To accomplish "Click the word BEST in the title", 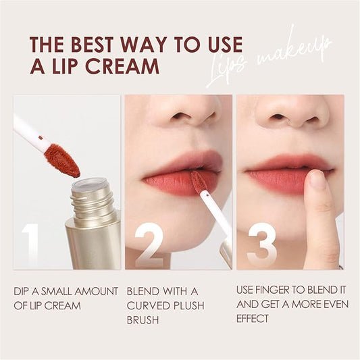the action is point(92,44).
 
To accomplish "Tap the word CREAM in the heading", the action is point(122,66).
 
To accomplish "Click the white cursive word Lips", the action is point(226,69).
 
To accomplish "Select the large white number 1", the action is point(30,244).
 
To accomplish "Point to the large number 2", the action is point(149,245).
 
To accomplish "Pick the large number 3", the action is point(262,245).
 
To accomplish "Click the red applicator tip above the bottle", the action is point(62,160).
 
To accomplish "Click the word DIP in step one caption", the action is point(22,291).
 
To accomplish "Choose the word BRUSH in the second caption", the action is point(143,320).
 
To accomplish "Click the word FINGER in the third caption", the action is point(274,290).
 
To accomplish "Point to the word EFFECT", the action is point(253,319).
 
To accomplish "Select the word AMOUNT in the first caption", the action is point(96,291).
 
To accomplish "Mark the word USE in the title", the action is point(226,44).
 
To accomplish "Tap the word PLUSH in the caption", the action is point(189,305).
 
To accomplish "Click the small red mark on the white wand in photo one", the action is point(41,138).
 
